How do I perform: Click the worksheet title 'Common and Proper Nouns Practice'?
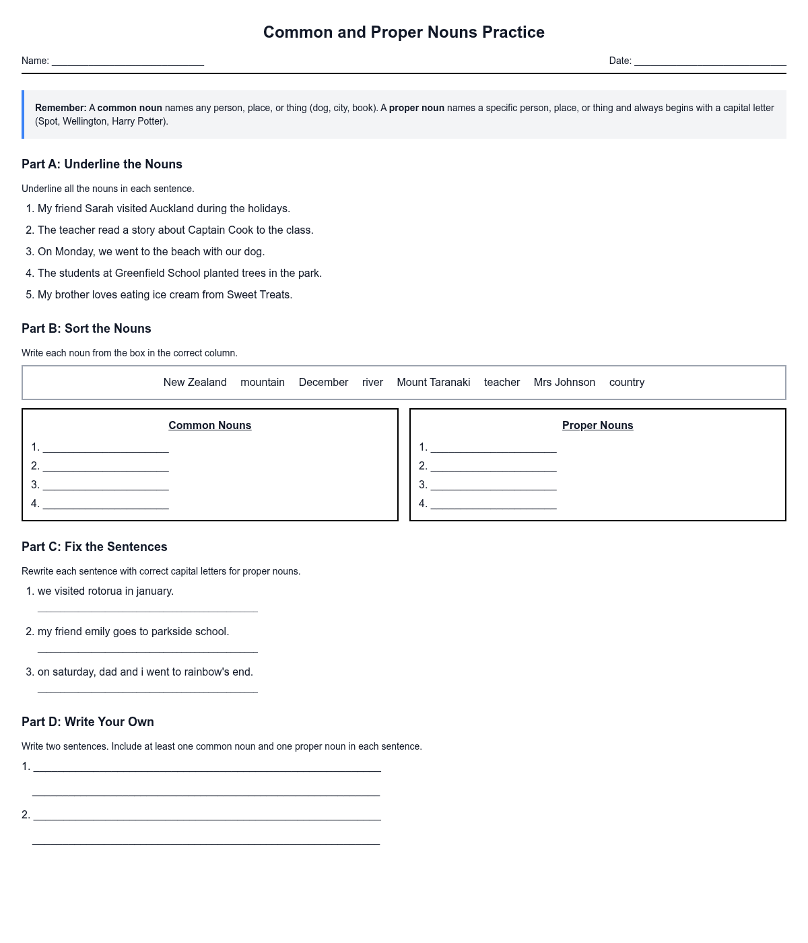pos(403,32)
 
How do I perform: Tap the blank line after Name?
pos(128,62)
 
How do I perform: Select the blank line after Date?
pos(710,62)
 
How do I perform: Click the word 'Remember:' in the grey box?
pos(61,108)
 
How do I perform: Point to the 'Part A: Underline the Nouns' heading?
pos(102,164)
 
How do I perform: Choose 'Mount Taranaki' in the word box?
pos(433,383)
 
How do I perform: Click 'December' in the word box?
pos(323,383)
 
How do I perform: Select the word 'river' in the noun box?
pos(372,383)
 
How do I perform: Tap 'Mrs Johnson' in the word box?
pos(564,383)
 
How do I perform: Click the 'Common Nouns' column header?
pos(209,426)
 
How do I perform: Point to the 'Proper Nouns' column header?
pos(597,426)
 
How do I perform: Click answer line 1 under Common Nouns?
pos(106,449)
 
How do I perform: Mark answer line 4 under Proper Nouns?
pos(494,505)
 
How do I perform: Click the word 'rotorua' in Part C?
pos(105,591)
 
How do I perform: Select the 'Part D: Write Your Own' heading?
pos(88,722)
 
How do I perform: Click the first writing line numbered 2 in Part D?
pos(207,816)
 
